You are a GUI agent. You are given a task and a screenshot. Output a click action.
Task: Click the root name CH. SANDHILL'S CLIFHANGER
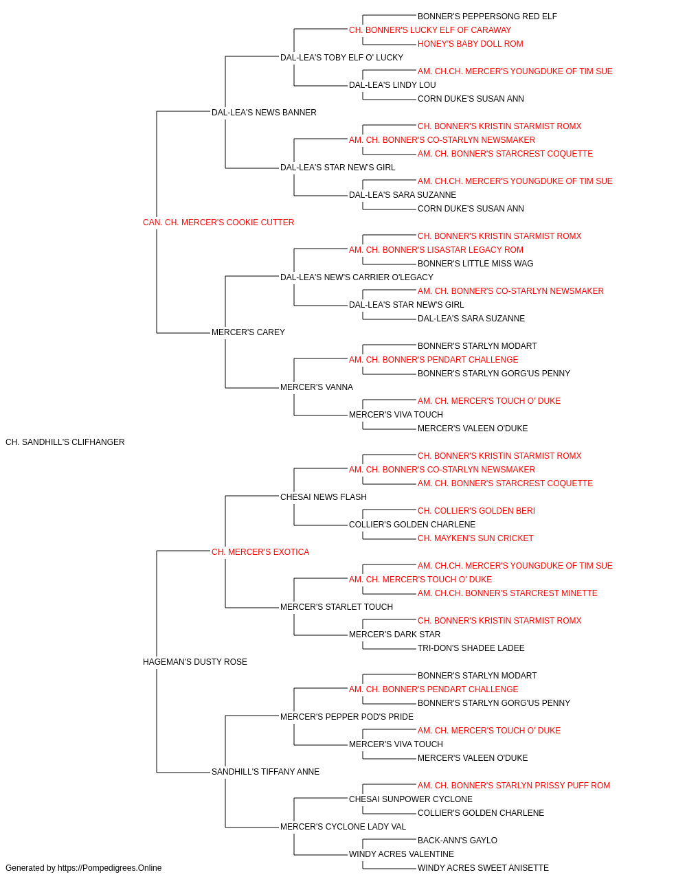click(65, 442)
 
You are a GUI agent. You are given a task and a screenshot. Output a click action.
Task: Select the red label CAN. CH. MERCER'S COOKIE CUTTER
click(218, 222)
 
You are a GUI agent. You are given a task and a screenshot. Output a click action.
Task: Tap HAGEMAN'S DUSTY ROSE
click(195, 662)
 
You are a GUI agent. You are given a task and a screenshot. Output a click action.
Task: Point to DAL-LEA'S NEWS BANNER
click(264, 113)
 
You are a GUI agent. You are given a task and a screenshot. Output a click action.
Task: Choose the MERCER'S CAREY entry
click(248, 332)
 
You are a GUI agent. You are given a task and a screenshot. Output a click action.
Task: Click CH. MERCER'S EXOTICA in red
click(260, 552)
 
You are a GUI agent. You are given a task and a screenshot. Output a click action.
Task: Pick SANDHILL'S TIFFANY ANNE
click(265, 772)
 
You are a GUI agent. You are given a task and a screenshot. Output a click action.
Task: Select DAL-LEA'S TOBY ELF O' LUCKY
click(342, 58)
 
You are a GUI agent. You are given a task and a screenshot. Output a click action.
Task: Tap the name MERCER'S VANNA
click(317, 387)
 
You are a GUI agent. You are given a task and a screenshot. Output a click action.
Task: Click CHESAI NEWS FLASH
click(324, 497)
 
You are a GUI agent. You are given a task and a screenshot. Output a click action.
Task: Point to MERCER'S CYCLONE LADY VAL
click(343, 827)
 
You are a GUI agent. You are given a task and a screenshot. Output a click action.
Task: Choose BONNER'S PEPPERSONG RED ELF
click(487, 16)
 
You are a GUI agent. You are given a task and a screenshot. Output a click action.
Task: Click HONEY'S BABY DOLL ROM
click(470, 44)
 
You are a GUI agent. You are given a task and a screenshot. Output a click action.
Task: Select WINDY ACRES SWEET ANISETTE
click(483, 868)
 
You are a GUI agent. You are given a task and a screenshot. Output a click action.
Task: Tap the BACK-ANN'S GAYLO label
click(457, 841)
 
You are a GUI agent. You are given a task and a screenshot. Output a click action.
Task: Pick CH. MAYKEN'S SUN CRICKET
click(475, 538)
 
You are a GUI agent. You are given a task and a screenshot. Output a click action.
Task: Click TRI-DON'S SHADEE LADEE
click(471, 648)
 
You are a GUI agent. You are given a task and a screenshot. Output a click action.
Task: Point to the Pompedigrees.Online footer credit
click(83, 868)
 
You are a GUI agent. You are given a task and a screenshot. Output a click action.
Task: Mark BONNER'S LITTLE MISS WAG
click(475, 264)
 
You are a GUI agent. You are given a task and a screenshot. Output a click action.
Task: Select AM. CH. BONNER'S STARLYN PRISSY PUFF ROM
click(514, 786)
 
